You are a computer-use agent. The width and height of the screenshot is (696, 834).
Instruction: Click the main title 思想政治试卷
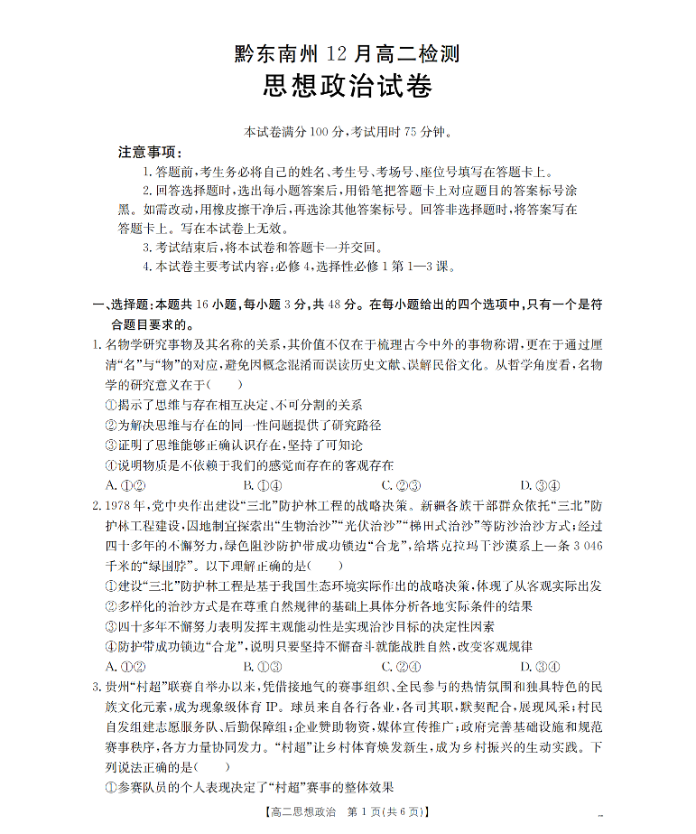[x=348, y=87]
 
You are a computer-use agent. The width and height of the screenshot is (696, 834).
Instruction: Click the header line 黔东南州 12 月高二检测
[x=348, y=54]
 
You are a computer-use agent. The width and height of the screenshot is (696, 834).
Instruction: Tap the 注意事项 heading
[x=150, y=151]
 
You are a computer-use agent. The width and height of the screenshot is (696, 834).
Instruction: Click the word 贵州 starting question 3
[x=118, y=688]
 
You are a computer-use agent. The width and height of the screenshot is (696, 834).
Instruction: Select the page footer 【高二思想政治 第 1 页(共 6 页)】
[x=347, y=811]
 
